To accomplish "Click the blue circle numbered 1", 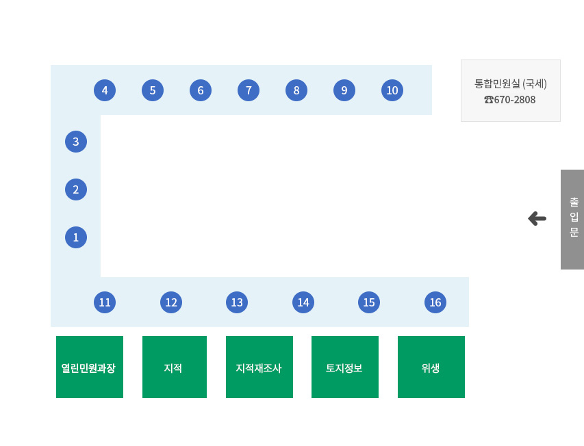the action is pos(76,237).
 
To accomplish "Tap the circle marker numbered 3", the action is pos(76,142).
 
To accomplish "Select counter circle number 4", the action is pos(105,90).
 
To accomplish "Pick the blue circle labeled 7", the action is pos(249,90).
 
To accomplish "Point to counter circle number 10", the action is pos(392,90).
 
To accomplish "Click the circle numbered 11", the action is pos(105,302).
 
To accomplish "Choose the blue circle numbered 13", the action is pos(237,302).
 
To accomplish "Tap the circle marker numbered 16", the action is pos(435,302).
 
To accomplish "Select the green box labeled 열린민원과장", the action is pos(90,367).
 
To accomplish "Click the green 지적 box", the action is pos(175,367).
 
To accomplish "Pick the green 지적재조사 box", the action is pos(259,367).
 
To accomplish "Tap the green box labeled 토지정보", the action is pos(345,367).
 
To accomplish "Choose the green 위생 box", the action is pos(431,367).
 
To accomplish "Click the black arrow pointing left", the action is pos(537,219).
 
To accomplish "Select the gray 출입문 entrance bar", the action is pos(572,220).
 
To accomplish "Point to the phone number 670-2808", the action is pos(515,100).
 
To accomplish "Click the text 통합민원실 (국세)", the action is pos(510,83).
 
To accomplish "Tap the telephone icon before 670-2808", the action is pos(489,100).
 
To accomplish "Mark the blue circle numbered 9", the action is pos(344,90).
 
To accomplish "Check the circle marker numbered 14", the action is pos(303,302).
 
